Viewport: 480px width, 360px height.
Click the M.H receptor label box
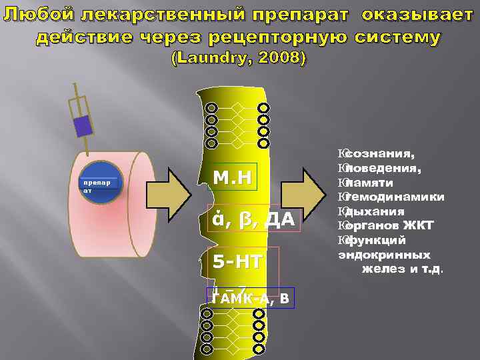point(231,177)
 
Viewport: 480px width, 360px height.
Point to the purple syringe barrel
point(83,125)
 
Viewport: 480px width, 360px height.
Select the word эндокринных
point(384,255)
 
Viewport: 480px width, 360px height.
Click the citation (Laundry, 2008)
point(239,59)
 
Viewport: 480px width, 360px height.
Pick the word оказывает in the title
point(417,15)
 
